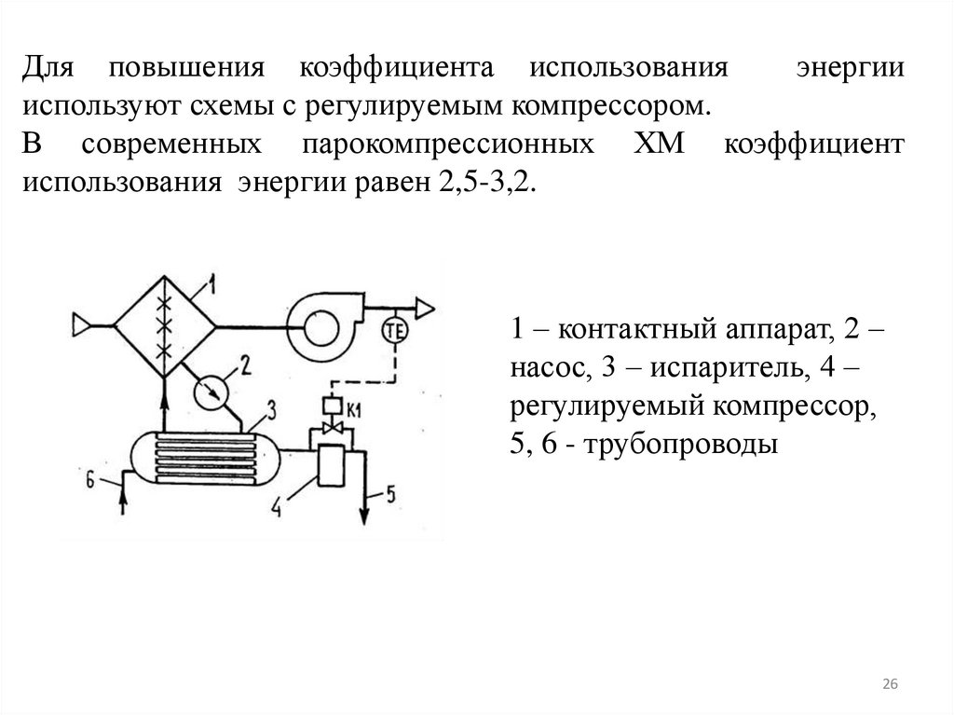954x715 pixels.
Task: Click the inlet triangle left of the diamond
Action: (x=83, y=323)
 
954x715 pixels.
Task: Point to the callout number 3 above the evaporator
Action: (x=270, y=407)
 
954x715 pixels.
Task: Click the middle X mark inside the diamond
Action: (x=166, y=326)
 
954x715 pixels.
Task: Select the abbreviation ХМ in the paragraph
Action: (x=663, y=144)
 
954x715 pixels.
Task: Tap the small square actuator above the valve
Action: (x=329, y=406)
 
